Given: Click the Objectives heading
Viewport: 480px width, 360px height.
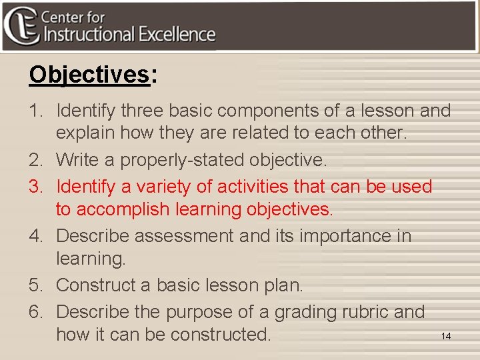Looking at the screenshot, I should pyautogui.click(x=89, y=75).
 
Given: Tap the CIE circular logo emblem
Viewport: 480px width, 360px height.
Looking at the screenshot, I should pyautogui.click(x=20, y=25).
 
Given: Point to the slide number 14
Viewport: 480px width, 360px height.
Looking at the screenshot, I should pyautogui.click(x=446, y=336).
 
